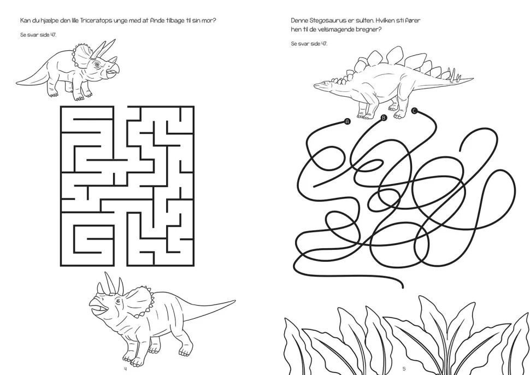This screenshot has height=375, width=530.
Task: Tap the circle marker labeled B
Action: pyautogui.click(x=384, y=118)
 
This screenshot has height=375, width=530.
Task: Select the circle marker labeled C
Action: pyautogui.click(x=414, y=110)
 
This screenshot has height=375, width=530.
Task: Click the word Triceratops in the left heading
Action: pyautogui.click(x=93, y=21)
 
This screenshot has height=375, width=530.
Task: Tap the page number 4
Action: pyautogui.click(x=125, y=368)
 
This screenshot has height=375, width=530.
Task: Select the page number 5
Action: pyautogui.click(x=404, y=368)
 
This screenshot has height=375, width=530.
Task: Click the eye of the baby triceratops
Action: pyautogui.click(x=97, y=65)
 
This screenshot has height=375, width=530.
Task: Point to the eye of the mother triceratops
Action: pyautogui.click(x=118, y=301)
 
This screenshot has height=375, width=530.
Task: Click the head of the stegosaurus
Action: pyautogui.click(x=322, y=85)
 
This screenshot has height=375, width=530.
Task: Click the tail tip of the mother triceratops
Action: pyautogui.click(x=234, y=300)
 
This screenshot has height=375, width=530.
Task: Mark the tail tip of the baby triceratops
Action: pyautogui.click(x=17, y=83)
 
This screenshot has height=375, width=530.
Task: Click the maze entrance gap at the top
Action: pyautogui.click(x=120, y=107)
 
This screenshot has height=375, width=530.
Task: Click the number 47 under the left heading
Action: pyautogui.click(x=53, y=35)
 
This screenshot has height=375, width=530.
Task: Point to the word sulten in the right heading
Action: pyautogui.click(x=365, y=20)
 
